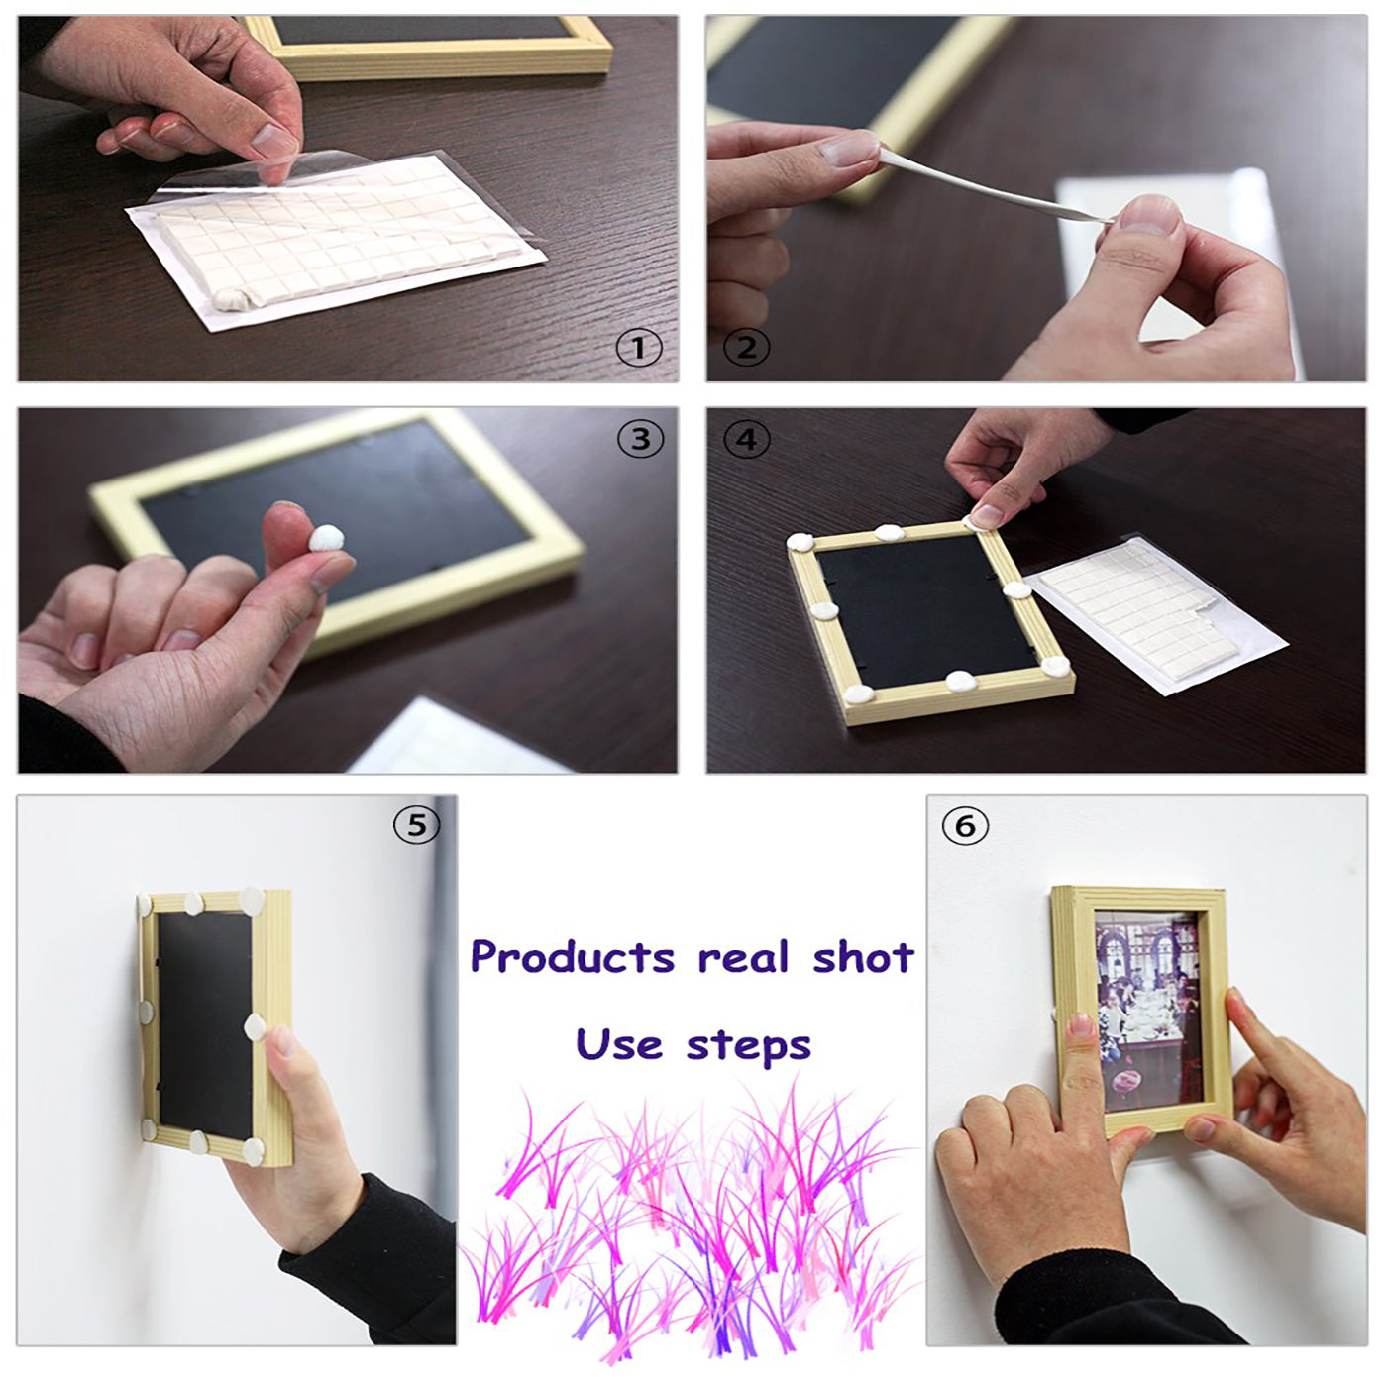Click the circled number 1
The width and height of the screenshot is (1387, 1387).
click(638, 349)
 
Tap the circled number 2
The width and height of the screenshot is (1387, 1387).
click(746, 349)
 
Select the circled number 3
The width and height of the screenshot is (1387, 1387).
click(640, 439)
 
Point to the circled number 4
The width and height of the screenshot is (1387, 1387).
click(746, 439)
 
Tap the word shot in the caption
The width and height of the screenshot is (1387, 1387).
click(864, 957)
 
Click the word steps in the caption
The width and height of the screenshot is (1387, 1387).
click(749, 1048)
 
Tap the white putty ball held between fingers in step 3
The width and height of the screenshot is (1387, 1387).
click(326, 537)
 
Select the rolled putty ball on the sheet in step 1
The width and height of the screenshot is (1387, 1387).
click(232, 298)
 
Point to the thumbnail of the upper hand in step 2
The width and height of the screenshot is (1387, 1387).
click(849, 151)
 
